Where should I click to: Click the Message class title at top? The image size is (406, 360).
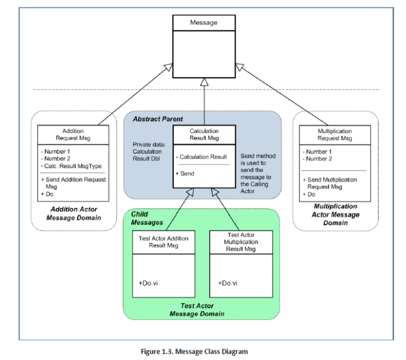point(204,23)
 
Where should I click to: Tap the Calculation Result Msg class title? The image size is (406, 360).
point(204,134)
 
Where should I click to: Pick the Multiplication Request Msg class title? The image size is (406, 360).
point(334,134)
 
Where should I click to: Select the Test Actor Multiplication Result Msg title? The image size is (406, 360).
point(241,242)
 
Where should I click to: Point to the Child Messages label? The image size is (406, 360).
point(147,218)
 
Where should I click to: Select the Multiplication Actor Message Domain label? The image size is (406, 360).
point(335,214)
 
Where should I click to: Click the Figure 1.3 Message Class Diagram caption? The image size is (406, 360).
point(194,352)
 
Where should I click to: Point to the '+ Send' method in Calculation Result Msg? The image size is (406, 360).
point(186,173)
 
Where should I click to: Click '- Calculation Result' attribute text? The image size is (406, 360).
point(201,156)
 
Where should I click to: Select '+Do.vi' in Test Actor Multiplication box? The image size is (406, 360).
point(228,283)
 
